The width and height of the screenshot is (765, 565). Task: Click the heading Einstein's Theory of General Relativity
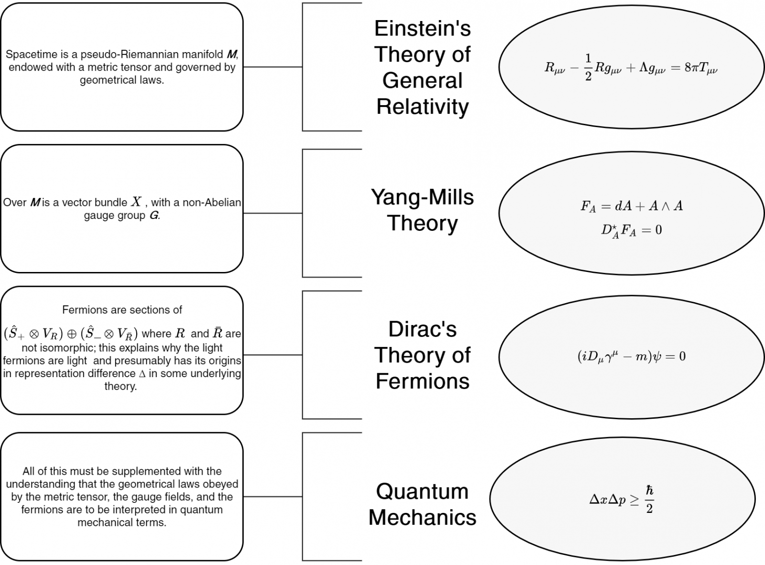(423, 67)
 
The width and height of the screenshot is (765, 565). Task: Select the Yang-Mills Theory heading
(423, 210)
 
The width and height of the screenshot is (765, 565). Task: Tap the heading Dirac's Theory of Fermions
(423, 355)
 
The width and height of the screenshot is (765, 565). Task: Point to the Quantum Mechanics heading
(423, 504)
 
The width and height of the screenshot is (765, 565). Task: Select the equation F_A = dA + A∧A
(632, 206)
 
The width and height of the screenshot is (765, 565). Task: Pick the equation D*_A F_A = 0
(632, 230)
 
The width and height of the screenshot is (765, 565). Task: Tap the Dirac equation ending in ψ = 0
(632, 356)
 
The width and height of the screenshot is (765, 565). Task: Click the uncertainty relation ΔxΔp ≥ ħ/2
(622, 500)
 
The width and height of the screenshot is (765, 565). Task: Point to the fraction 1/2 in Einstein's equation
(588, 68)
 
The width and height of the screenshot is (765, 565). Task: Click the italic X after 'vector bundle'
(137, 202)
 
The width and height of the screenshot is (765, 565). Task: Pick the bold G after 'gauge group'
(153, 216)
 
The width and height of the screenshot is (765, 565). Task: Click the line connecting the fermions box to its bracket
(273, 355)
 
